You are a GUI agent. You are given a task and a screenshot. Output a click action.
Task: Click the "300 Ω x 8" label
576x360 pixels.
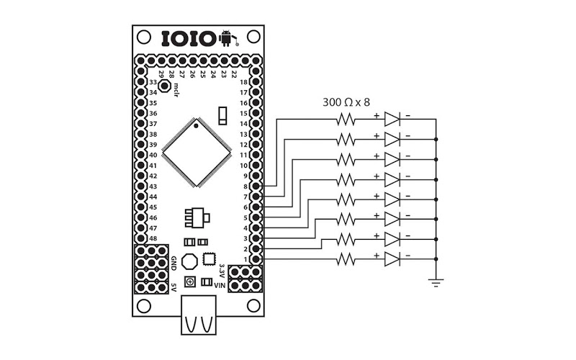click(x=349, y=102)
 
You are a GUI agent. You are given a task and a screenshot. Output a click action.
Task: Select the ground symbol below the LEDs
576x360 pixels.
click(x=436, y=282)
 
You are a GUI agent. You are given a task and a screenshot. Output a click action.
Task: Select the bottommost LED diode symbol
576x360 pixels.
click(x=392, y=258)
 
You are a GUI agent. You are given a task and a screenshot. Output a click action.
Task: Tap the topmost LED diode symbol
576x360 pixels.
click(x=392, y=119)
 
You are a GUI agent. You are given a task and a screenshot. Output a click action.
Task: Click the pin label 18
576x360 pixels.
click(x=244, y=82)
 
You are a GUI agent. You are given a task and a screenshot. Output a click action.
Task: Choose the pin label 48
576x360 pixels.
click(x=153, y=238)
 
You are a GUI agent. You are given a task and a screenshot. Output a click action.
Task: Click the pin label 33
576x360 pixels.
click(x=153, y=82)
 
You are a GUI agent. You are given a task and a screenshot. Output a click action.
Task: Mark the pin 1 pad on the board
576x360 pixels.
click(x=257, y=258)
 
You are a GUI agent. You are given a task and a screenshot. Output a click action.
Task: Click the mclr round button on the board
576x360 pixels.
click(x=165, y=87)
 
